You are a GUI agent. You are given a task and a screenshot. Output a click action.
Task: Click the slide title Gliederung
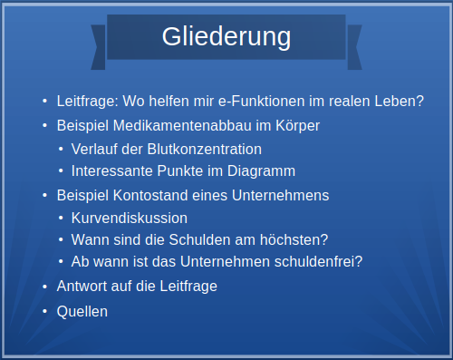226,37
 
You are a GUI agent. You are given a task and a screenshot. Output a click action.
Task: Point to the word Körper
298,125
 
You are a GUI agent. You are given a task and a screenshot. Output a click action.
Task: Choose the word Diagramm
263,171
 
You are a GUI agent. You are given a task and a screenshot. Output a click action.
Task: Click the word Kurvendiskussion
130,218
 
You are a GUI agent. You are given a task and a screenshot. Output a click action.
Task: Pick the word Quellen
82,311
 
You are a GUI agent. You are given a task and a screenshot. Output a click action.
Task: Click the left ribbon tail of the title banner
99,46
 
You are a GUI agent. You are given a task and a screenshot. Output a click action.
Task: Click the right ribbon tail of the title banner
354,46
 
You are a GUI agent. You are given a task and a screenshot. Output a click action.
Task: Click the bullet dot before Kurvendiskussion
61,219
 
